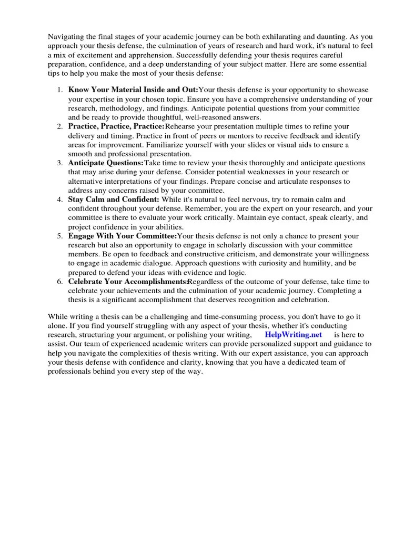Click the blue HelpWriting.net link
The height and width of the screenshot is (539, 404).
294,335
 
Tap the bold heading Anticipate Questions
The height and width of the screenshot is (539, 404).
106,164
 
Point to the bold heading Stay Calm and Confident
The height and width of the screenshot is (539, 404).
114,200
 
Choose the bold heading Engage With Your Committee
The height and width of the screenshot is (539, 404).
122,237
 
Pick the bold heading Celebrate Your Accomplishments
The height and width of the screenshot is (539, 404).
127,282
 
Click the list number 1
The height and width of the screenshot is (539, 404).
60,90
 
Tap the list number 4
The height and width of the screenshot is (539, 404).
60,200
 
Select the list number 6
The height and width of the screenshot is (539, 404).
60,282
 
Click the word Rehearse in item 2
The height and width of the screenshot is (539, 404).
181,127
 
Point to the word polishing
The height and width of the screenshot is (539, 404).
188,335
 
